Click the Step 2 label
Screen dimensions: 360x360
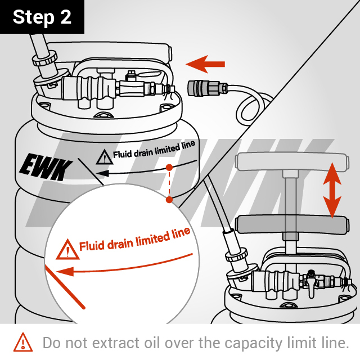point(42,16)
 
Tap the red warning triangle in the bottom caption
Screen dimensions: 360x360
point(23,341)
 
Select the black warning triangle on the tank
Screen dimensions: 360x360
point(103,157)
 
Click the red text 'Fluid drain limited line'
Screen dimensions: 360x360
point(135,240)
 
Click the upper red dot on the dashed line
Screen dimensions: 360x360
point(169,168)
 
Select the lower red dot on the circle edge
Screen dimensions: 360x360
point(168,200)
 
